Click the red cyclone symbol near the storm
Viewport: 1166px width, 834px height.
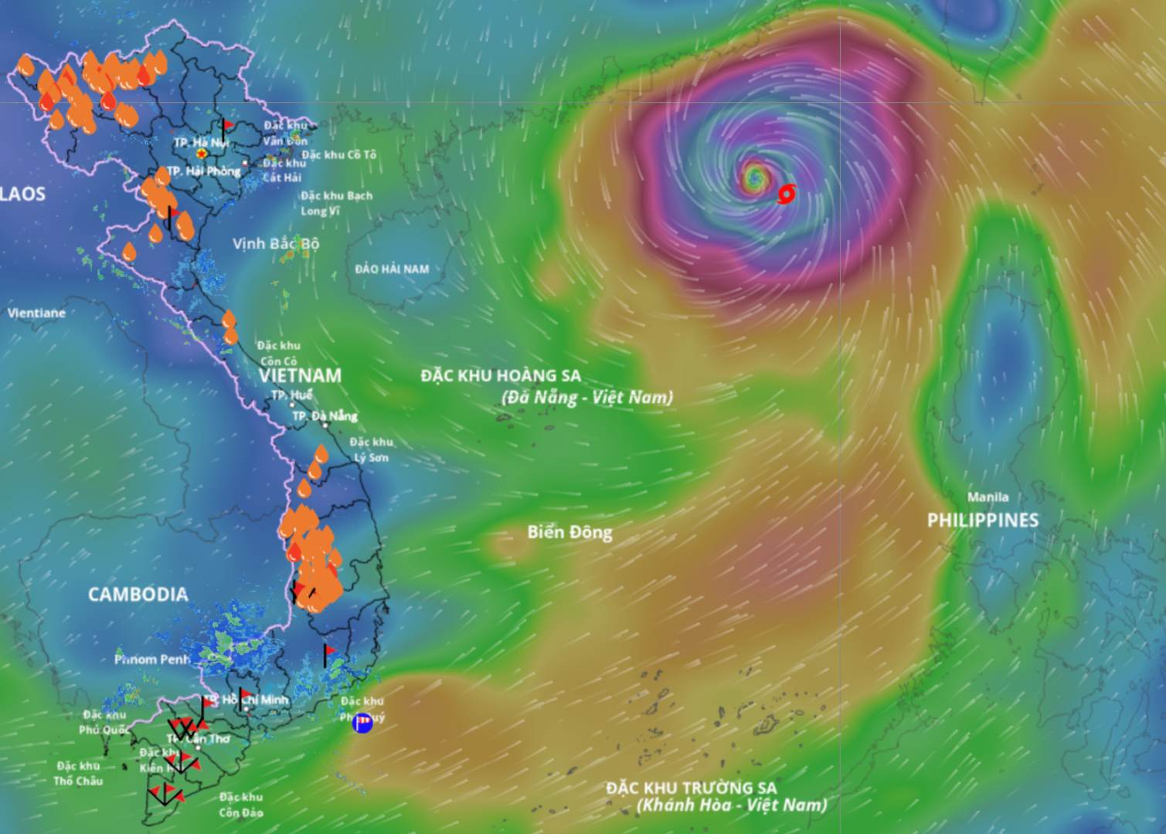click(786, 194)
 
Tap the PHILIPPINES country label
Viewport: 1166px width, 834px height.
click(982, 520)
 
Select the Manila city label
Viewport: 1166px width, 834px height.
click(988, 497)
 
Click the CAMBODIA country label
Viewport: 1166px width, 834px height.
click(138, 594)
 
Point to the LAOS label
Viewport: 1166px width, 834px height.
click(22, 194)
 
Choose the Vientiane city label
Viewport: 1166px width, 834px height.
click(36, 314)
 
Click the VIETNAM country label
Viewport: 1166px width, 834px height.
click(300, 376)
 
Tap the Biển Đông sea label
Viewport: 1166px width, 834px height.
click(569, 532)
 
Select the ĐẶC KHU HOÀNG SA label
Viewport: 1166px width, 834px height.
click(501, 376)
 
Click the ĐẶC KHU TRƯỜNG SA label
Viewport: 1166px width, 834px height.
click(691, 788)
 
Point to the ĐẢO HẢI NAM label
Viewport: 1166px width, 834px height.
click(392, 270)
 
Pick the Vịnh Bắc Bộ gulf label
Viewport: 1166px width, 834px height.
click(276, 244)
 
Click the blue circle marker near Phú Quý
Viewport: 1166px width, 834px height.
click(362, 723)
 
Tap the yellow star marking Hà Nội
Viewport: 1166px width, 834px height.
click(201, 154)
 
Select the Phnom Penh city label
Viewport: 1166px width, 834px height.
click(152, 659)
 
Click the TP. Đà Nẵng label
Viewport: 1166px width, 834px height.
click(324, 416)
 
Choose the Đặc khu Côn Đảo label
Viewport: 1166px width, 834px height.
click(240, 805)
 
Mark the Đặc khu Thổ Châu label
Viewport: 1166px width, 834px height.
click(78, 773)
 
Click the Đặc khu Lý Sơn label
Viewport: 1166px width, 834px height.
click(371, 449)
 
